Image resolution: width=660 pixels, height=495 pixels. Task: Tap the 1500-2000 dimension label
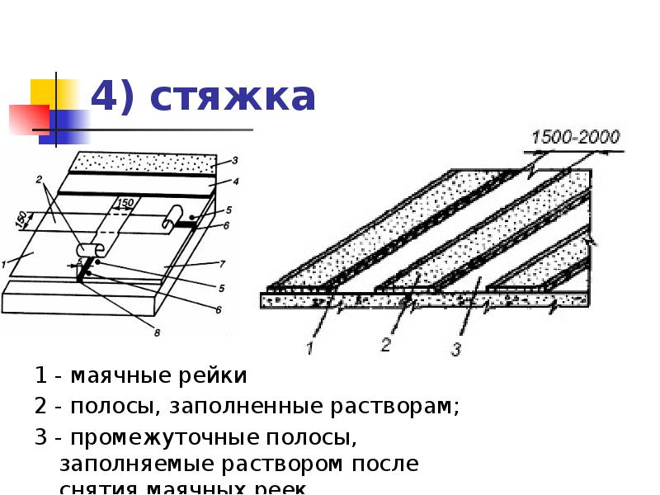(x=577, y=138)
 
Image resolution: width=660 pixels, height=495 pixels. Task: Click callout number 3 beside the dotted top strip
(x=234, y=161)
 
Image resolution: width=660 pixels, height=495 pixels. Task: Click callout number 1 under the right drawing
(x=309, y=348)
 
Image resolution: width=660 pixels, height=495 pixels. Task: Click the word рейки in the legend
(x=219, y=377)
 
